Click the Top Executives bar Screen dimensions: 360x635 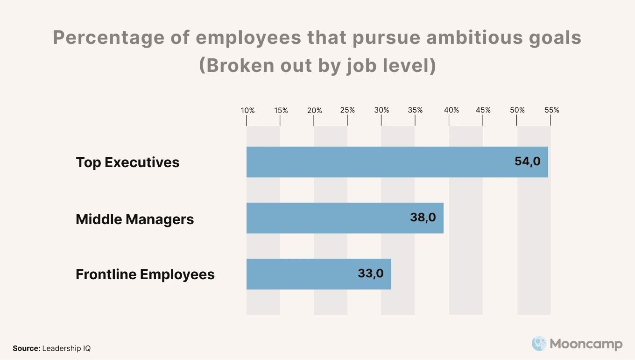(397, 162)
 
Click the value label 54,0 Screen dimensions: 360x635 (528, 162)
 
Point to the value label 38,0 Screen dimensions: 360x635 (423, 217)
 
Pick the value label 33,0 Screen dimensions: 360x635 (371, 273)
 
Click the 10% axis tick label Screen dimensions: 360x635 (248, 111)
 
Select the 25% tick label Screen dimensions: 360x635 (348, 110)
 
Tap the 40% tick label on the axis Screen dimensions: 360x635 (452, 110)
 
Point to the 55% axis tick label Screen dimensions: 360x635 (552, 110)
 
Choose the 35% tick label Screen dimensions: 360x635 (415, 110)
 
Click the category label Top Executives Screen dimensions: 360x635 (127, 162)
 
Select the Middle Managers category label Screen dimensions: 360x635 (134, 219)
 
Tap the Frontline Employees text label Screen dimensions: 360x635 (145, 274)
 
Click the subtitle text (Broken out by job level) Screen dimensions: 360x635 (317, 66)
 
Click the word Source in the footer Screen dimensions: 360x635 (27, 348)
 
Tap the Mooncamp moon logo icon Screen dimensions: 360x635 (539, 344)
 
